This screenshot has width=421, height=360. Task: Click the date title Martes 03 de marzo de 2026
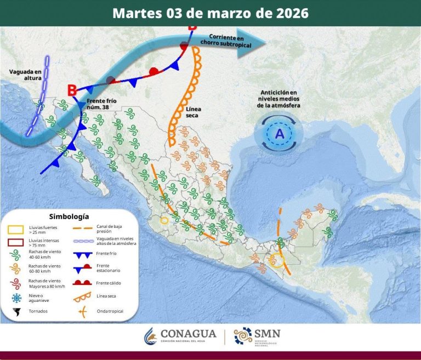tap(210, 13)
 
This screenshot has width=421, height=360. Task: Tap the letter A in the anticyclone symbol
tap(280, 134)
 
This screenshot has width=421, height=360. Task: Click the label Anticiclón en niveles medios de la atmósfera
tap(279, 99)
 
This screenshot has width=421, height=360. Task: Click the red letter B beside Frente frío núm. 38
tap(72, 90)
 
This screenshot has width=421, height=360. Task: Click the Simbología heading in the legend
tap(69, 216)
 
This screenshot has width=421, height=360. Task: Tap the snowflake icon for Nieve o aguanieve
tap(16, 298)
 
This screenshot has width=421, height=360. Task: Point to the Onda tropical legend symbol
tap(83, 312)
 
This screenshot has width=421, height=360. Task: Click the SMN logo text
tap(268, 334)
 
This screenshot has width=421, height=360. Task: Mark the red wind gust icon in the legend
tap(16, 283)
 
